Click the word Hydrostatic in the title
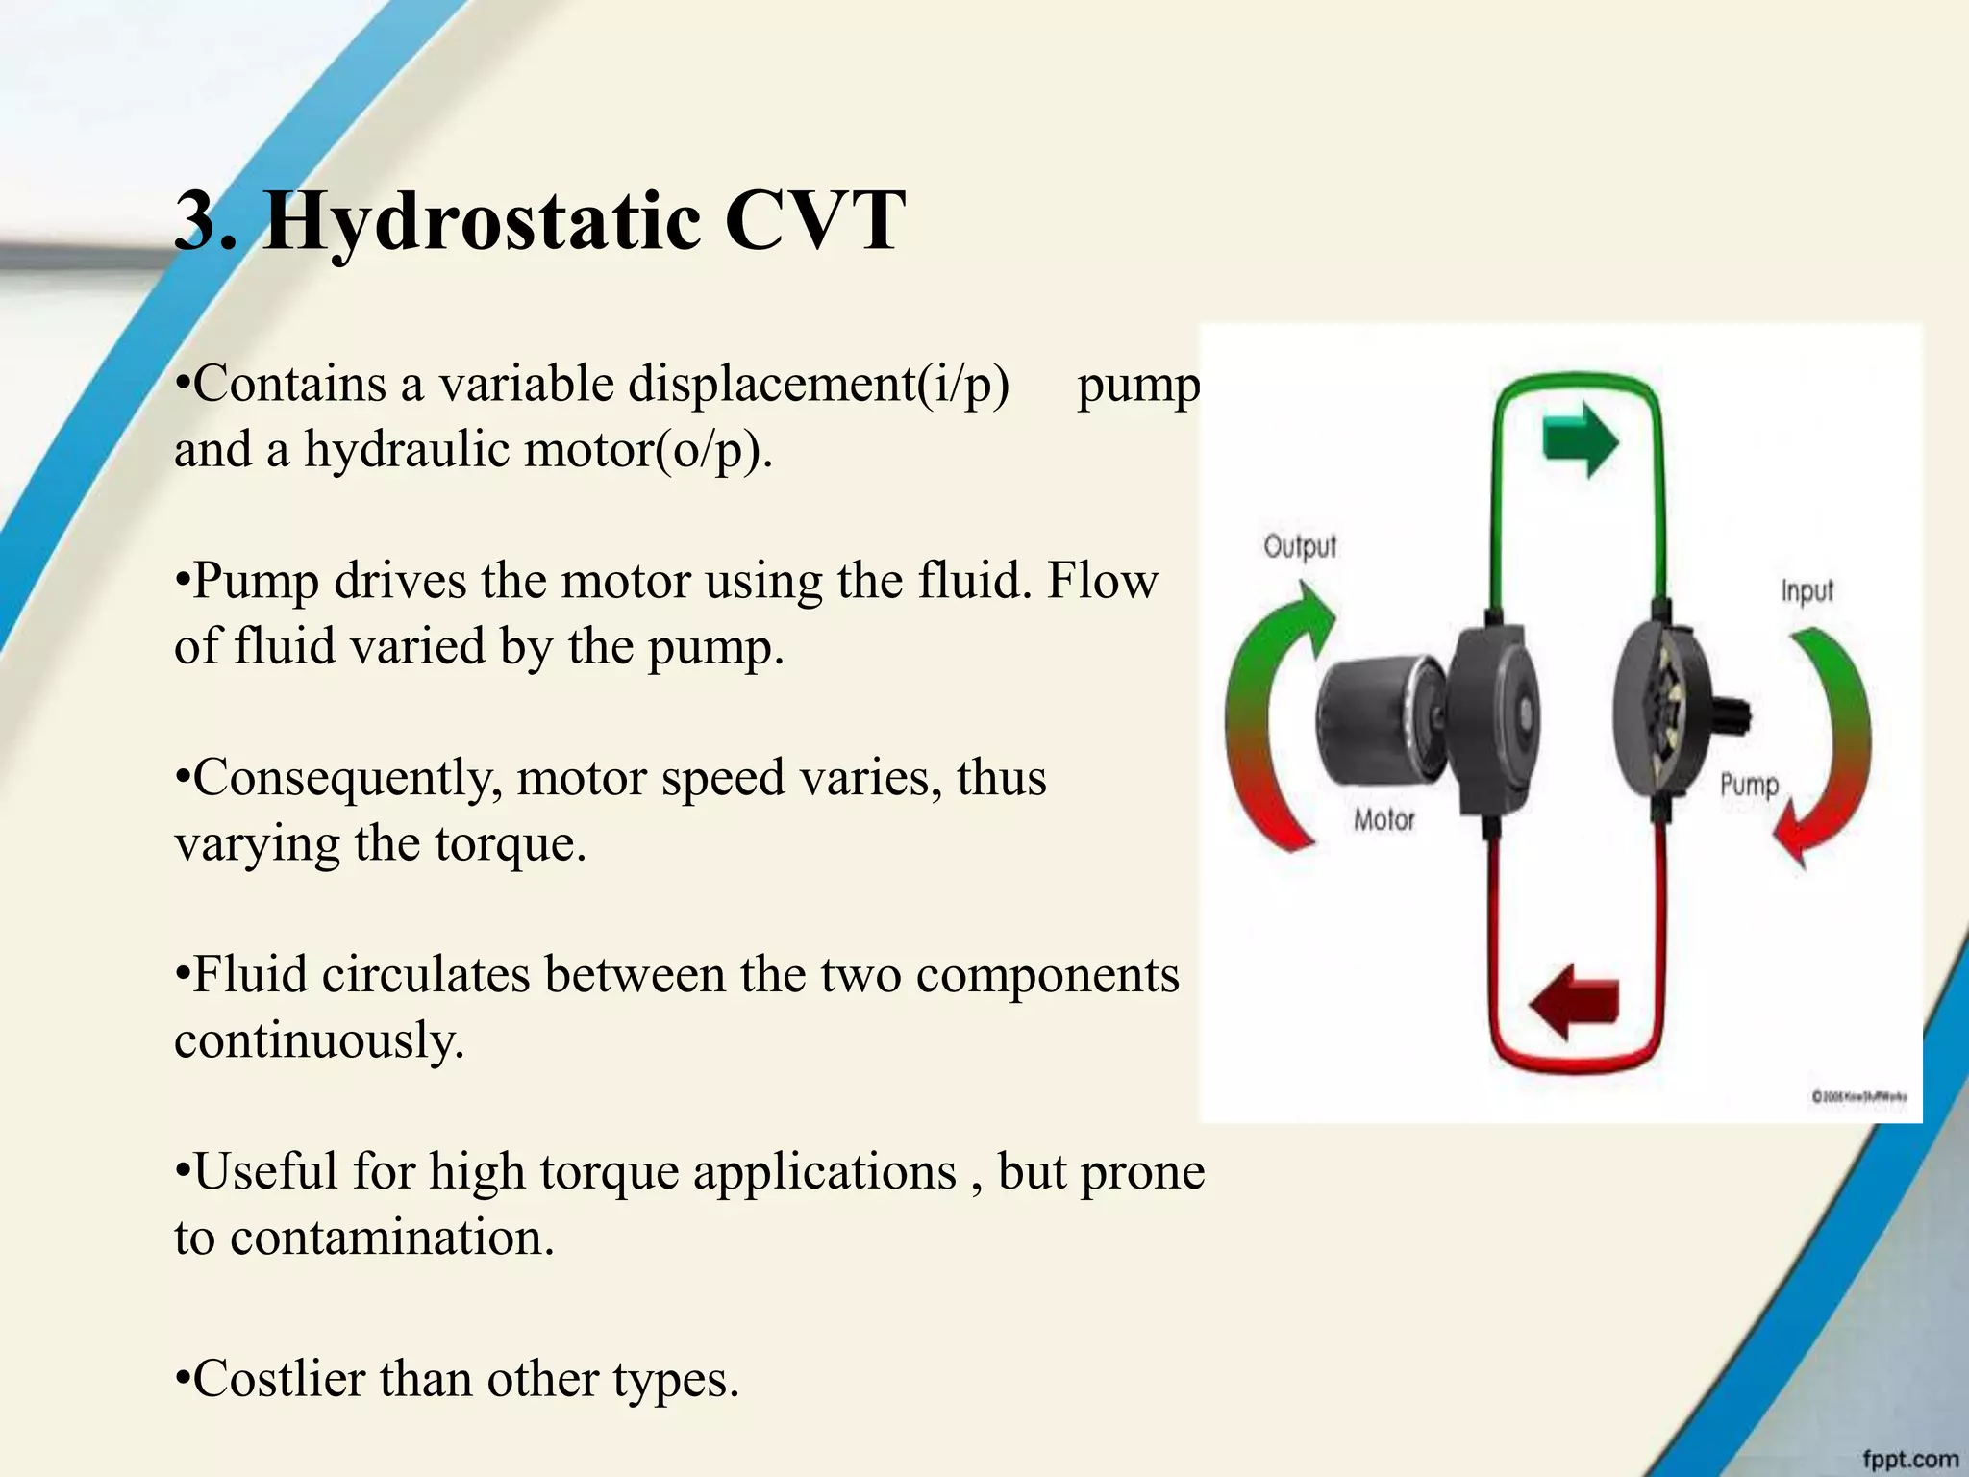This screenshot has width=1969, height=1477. (481, 222)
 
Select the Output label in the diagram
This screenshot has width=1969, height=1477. (1300, 546)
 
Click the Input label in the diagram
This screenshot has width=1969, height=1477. (1807, 589)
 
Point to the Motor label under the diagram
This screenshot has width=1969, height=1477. (1383, 820)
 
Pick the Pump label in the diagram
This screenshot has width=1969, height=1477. (1749, 785)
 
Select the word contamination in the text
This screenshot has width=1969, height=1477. (391, 1237)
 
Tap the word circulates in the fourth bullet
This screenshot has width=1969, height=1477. (429, 975)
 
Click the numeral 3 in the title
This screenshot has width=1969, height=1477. (195, 222)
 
